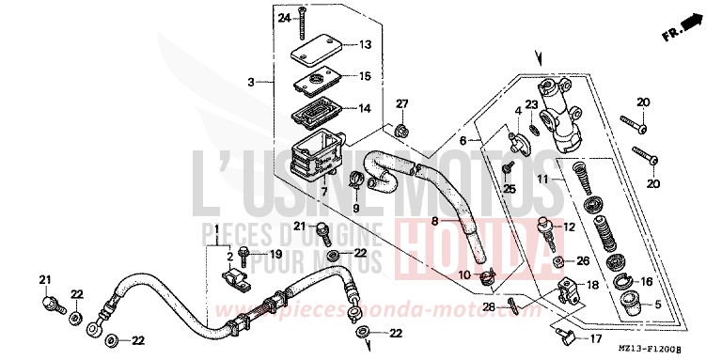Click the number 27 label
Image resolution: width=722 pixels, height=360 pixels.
[x=401, y=103]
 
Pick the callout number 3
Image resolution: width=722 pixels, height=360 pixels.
[x=251, y=83]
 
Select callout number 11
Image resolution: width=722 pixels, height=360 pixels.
[x=569, y=179]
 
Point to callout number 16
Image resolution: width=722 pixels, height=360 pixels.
[x=645, y=280]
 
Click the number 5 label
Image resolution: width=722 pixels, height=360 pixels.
[x=657, y=305]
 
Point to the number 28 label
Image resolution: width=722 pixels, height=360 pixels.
[x=489, y=306]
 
